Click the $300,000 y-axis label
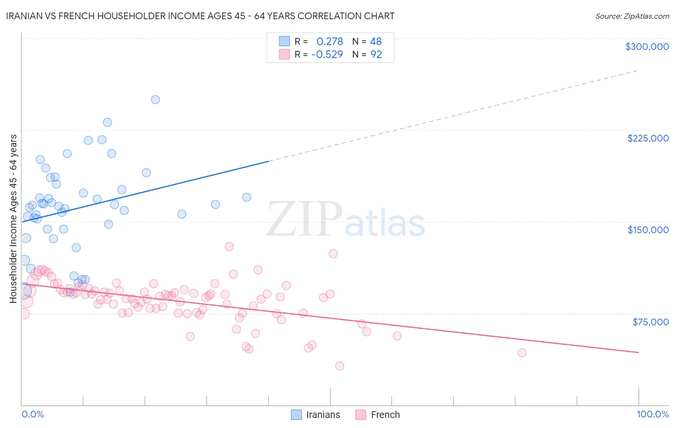647,47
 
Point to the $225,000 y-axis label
648,138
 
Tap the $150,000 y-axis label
648,230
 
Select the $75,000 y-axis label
651,322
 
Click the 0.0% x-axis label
33,414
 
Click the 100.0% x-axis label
652,414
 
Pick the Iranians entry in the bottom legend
315,415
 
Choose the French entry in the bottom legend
377,415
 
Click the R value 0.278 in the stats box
329,42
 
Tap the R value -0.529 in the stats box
327,55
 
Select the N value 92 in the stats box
376,55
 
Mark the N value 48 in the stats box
375,42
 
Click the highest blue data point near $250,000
155,100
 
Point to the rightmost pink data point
522,353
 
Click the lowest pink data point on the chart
339,366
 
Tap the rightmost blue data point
246,197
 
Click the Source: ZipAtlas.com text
632,16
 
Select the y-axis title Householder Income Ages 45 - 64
13,218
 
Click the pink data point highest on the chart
229,247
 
